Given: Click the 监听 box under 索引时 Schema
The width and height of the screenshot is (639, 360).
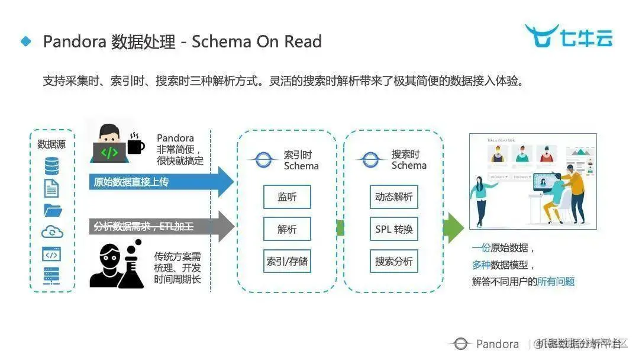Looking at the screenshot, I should coord(287,197).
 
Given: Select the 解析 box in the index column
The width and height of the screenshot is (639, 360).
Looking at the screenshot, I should coord(287,229).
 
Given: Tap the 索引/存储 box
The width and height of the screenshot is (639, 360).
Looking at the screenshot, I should coord(287,261).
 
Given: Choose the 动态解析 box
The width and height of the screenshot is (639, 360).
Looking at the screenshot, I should coord(394,197).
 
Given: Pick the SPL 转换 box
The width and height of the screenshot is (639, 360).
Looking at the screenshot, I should coord(394,229).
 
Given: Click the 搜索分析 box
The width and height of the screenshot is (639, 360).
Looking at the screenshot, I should coord(394,261).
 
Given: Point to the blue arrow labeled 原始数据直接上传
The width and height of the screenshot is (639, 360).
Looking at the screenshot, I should coord(160,182).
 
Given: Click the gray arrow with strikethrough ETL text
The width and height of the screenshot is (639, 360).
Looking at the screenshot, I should coord(160,226).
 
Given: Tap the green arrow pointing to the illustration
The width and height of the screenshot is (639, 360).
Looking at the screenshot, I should coord(453,228).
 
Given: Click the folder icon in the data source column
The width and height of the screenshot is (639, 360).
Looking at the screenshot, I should coord(52,210).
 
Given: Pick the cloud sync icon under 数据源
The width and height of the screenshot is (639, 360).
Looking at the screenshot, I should coord(52,232).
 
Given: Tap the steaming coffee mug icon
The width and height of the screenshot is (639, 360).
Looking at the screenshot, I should coord(135,144).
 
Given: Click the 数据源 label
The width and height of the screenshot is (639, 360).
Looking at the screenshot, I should coord(51,144).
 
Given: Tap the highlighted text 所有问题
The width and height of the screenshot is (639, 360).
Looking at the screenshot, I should coord(556,282).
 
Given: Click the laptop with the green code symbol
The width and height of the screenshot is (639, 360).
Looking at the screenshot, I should coord(109,152).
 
